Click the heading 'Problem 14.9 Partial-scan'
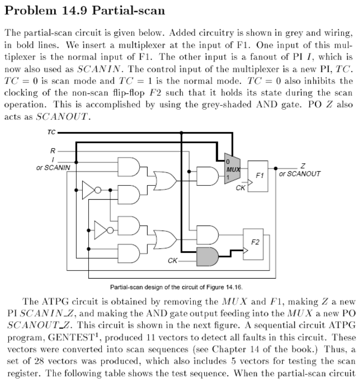coord(84,10)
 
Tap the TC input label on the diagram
coord(51,133)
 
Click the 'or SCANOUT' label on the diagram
coord(300,174)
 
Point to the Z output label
coord(303,166)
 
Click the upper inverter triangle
coord(89,190)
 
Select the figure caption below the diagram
coord(180,287)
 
